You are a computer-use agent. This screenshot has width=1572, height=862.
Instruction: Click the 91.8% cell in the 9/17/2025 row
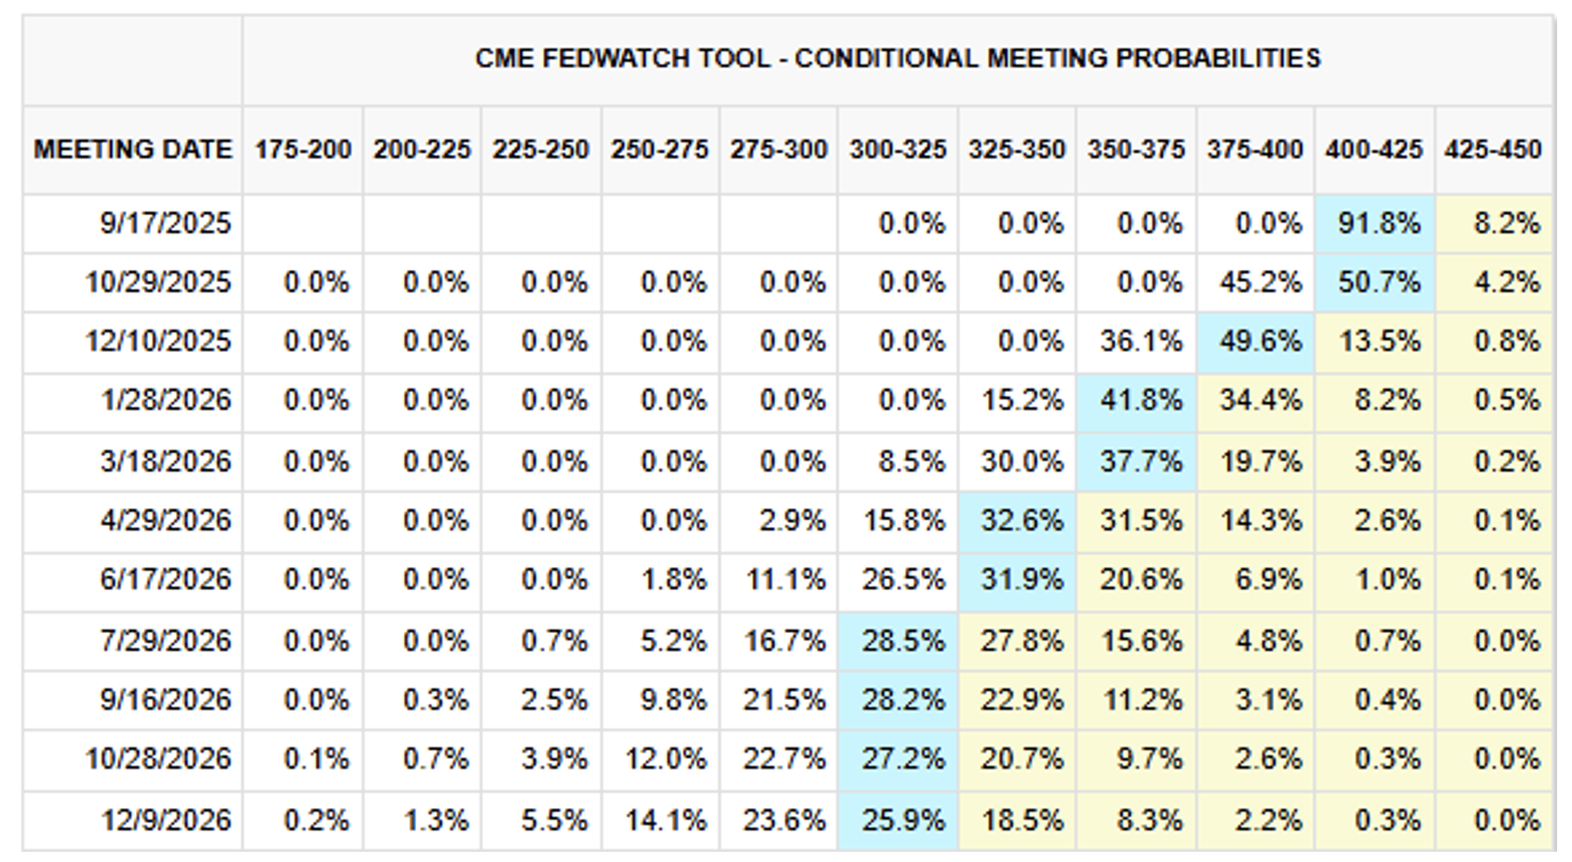pyautogui.click(x=1378, y=223)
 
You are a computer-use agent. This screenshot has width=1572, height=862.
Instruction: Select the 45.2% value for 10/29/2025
pyautogui.click(x=1259, y=282)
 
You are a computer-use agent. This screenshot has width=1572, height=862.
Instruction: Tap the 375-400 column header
pyautogui.click(x=1254, y=149)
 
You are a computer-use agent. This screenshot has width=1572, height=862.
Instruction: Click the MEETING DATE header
pyautogui.click(x=132, y=149)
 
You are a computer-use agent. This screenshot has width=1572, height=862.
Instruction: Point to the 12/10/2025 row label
pyautogui.click(x=157, y=341)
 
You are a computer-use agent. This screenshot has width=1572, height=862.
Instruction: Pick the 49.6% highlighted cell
pyautogui.click(x=1259, y=341)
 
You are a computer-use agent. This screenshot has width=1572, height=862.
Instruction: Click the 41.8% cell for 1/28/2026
pyautogui.click(x=1140, y=400)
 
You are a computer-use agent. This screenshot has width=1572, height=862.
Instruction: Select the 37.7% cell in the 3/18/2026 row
pyautogui.click(x=1140, y=461)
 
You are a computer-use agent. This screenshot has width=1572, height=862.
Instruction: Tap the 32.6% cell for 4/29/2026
pyautogui.click(x=1021, y=519)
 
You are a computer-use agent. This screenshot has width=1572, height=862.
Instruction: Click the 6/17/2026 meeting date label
pyautogui.click(x=165, y=579)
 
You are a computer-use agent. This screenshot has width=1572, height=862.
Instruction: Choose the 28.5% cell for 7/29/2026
pyautogui.click(x=901, y=640)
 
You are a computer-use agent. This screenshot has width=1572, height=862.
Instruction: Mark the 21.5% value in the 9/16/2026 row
pyautogui.click(x=783, y=699)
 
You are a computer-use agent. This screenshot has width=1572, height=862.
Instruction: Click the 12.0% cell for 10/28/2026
pyautogui.click(x=665, y=759)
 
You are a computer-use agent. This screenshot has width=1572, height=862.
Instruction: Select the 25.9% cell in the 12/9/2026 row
pyautogui.click(x=901, y=820)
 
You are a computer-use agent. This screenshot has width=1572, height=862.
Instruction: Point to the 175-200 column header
pyautogui.click(x=304, y=149)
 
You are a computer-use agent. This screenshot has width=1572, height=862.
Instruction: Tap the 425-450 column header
pyautogui.click(x=1493, y=149)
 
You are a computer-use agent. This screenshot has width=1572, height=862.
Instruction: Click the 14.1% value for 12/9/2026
pyautogui.click(x=665, y=820)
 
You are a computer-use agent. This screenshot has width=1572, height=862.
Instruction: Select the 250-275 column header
pyautogui.click(x=659, y=149)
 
